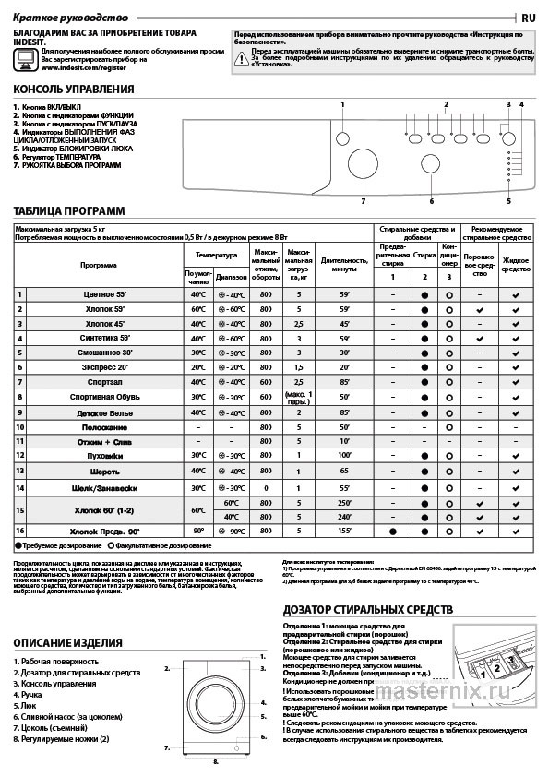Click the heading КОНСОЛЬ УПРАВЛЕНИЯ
(x=74, y=90)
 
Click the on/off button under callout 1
(x=342, y=138)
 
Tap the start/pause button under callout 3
(x=507, y=137)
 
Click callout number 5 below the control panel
(x=507, y=200)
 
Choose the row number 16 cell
(x=19, y=532)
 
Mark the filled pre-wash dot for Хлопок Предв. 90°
(x=392, y=532)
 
